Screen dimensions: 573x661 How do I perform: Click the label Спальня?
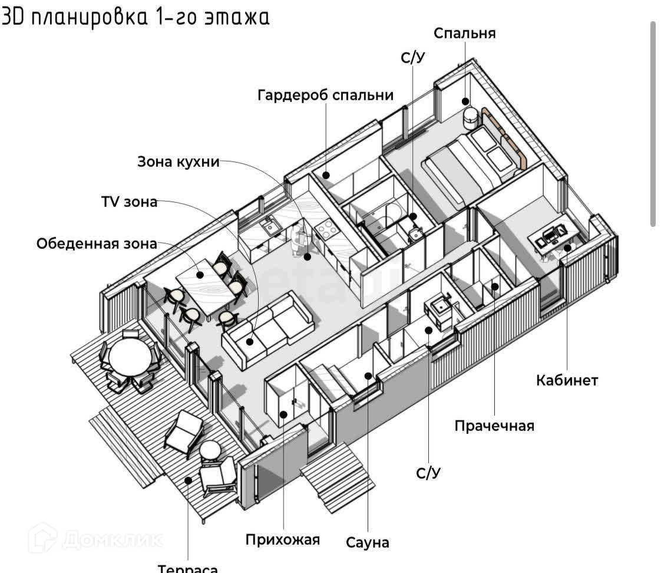pyautogui.click(x=464, y=34)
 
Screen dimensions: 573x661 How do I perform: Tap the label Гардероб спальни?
pyautogui.click(x=325, y=95)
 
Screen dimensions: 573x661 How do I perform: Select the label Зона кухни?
pyautogui.click(x=178, y=162)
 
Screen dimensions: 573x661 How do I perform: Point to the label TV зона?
pyautogui.click(x=129, y=202)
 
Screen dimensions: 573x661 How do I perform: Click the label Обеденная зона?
pyautogui.click(x=97, y=243)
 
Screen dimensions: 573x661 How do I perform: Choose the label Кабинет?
pyautogui.click(x=567, y=380)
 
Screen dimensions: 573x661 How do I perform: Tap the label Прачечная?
pyautogui.click(x=494, y=426)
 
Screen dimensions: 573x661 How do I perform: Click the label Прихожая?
pyautogui.click(x=283, y=539)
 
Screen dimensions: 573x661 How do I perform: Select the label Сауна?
pyautogui.click(x=368, y=542)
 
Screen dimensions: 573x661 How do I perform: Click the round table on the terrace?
pyautogui.click(x=130, y=357)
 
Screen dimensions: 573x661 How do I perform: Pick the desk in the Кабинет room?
pyautogui.click(x=554, y=236)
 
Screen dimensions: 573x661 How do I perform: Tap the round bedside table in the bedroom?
pyautogui.click(x=471, y=118)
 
